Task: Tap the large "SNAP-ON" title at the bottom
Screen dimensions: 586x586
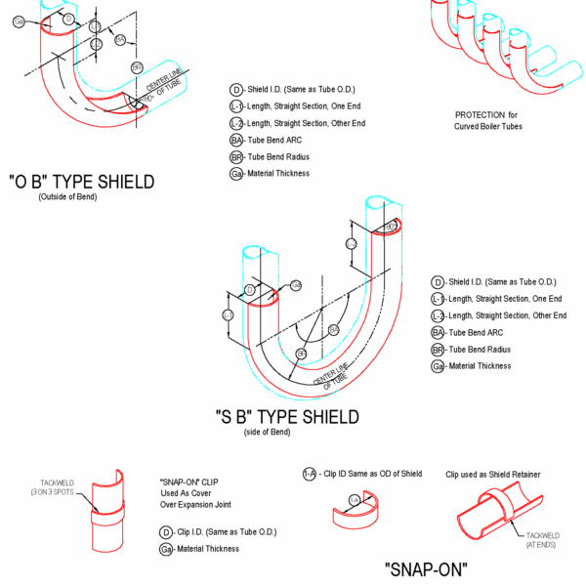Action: (x=426, y=568)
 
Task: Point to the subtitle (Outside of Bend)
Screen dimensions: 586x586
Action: (x=74, y=197)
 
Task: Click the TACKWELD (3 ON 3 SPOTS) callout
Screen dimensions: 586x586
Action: (x=56, y=486)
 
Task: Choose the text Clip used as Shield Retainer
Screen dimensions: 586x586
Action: (x=493, y=475)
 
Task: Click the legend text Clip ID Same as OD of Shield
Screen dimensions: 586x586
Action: (x=370, y=474)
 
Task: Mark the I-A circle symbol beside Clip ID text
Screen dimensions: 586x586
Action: (x=309, y=474)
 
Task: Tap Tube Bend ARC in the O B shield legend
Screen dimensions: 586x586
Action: (x=277, y=140)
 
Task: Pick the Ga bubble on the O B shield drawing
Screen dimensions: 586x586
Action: (x=19, y=21)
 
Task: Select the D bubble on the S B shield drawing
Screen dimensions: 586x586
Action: (x=250, y=291)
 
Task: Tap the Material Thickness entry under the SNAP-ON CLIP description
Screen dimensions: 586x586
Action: (x=207, y=549)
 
